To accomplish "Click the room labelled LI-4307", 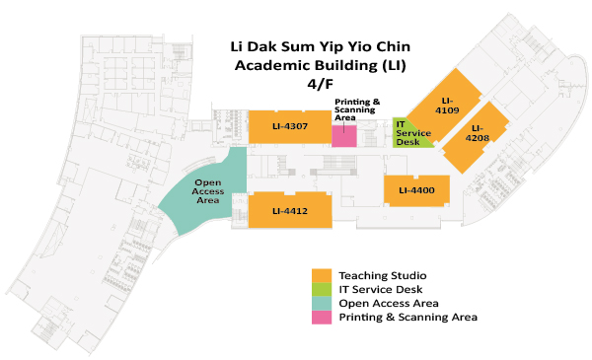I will pyautogui.click(x=290, y=126).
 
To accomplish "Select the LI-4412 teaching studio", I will pyautogui.click(x=290, y=210).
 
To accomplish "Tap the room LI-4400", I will pyautogui.click(x=416, y=189).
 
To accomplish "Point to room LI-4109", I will pyautogui.click(x=447, y=105).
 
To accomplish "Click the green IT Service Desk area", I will pyautogui.click(x=407, y=133).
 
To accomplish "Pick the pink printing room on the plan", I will pyautogui.click(x=343, y=136).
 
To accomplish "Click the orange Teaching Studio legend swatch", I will pyautogui.click(x=321, y=274).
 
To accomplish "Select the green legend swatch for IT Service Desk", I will pyautogui.click(x=321, y=288).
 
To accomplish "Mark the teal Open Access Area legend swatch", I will pyautogui.click(x=321, y=303).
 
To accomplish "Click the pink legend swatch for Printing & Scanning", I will pyautogui.click(x=321, y=317).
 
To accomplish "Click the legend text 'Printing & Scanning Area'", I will pyautogui.click(x=407, y=318).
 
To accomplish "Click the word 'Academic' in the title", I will pyautogui.click(x=272, y=65).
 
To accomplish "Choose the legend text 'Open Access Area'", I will pyautogui.click(x=388, y=303).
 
